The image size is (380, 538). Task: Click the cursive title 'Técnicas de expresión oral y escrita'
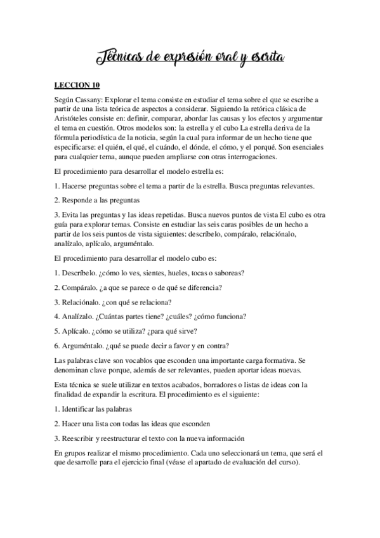190,59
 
